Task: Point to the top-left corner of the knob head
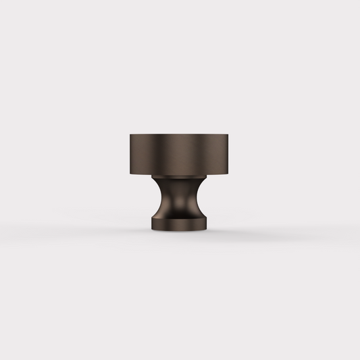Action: tap(128, 134)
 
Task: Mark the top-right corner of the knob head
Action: tap(232, 134)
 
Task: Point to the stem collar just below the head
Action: tap(180, 179)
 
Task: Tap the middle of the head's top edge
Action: tap(180, 134)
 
